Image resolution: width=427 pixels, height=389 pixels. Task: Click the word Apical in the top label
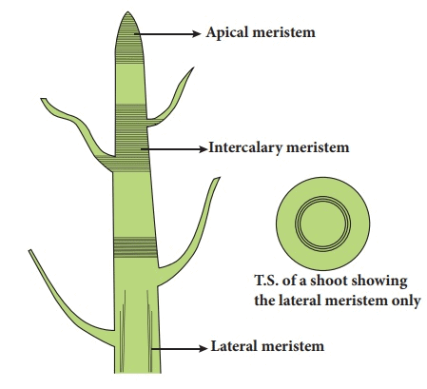click(227, 33)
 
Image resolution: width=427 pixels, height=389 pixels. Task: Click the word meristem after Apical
click(284, 32)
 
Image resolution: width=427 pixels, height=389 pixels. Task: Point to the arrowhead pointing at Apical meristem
click(197, 33)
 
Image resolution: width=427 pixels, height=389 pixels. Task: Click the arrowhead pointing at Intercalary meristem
click(203, 148)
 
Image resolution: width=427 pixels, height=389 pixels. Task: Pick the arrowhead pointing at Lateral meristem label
click(203, 348)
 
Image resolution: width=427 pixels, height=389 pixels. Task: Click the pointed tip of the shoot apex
click(127, 12)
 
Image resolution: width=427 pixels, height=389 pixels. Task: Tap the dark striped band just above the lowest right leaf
click(135, 247)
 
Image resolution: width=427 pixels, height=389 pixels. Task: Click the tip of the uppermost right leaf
click(193, 68)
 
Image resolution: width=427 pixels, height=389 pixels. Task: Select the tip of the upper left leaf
click(42, 99)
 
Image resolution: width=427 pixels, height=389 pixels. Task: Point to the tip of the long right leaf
click(219, 178)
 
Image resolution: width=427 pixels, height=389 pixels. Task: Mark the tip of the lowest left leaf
click(29, 251)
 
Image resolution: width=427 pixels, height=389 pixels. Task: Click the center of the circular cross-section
click(322, 224)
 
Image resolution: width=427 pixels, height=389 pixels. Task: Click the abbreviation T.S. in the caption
click(267, 281)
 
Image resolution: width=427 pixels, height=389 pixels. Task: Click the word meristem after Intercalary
click(318, 147)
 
